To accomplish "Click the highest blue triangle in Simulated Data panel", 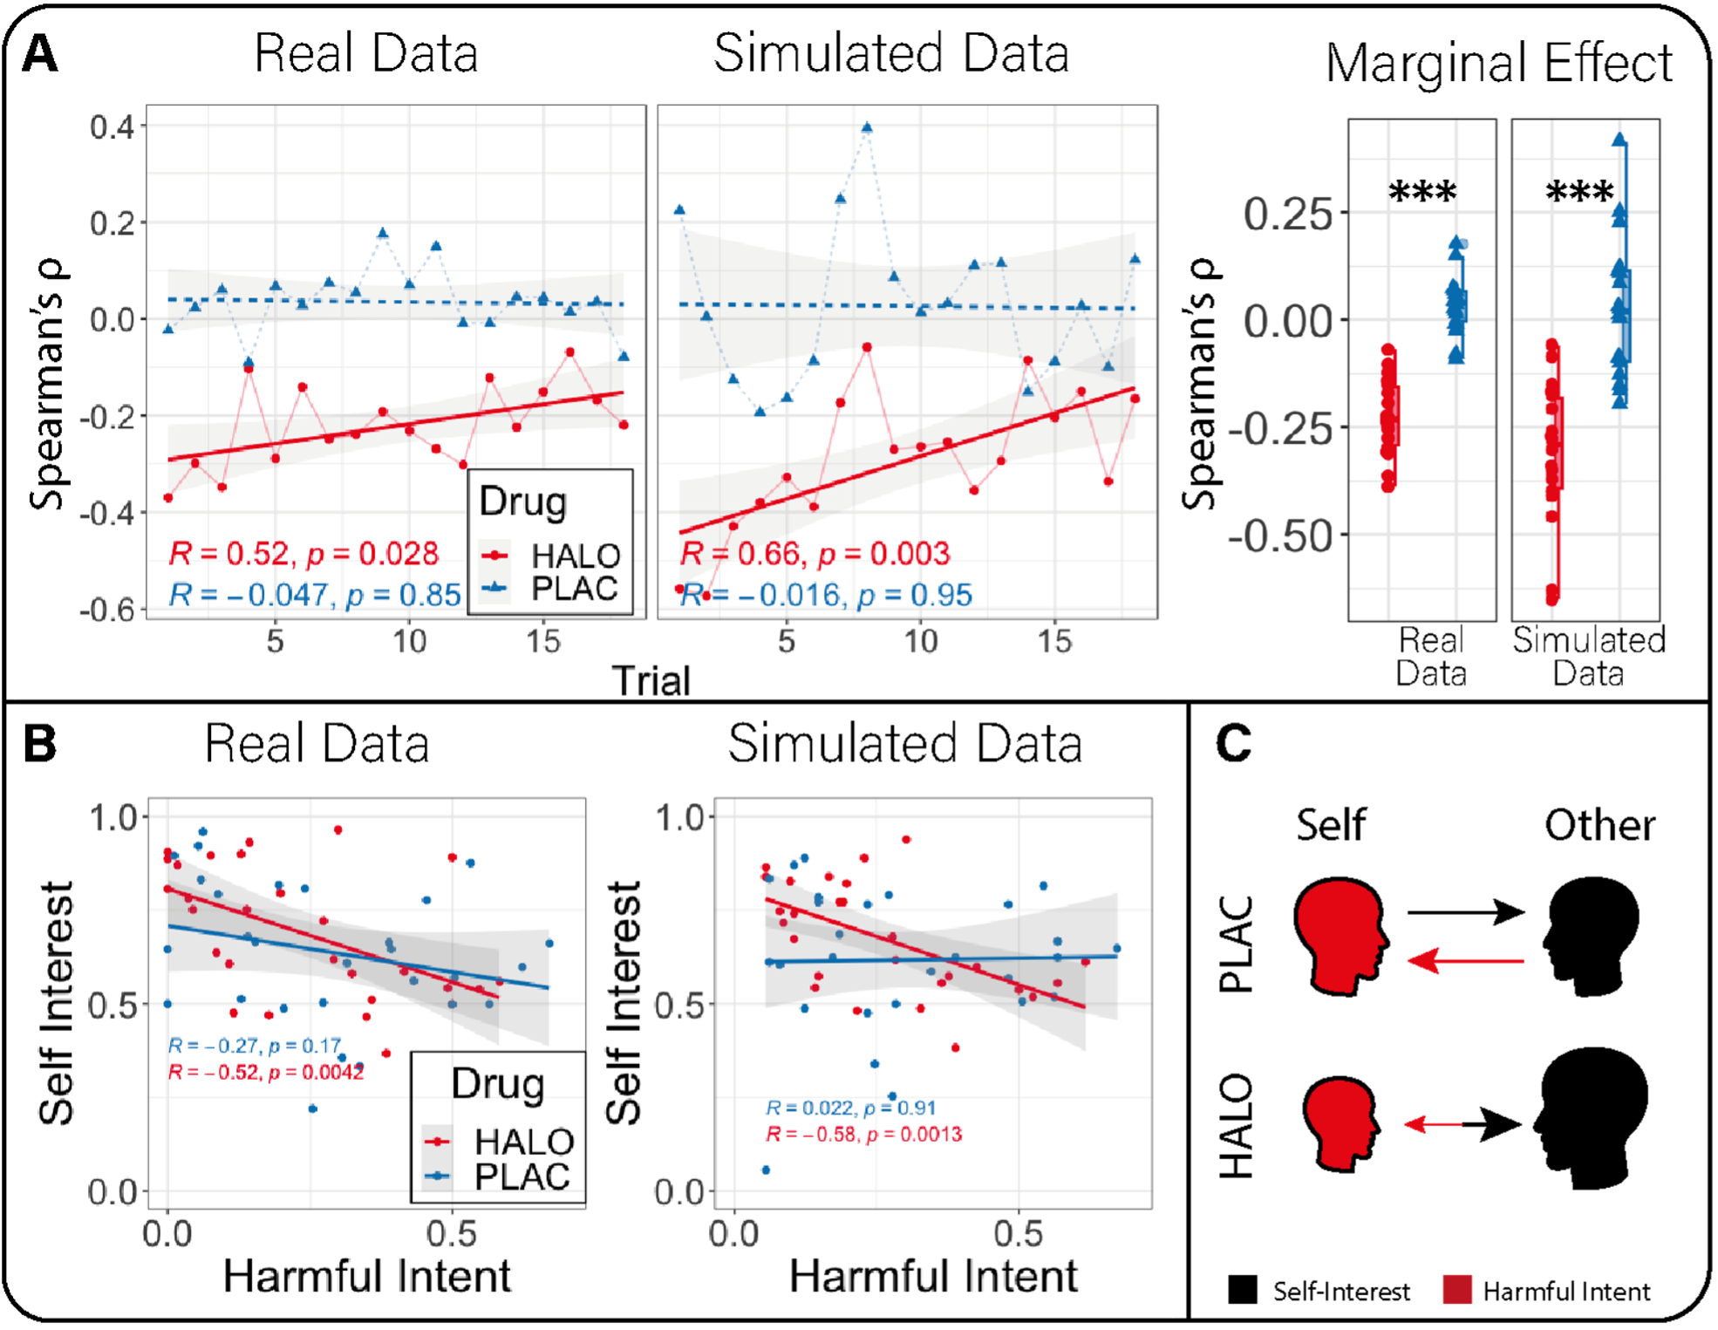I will coord(866,127).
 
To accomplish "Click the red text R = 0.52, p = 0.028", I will coord(303,554).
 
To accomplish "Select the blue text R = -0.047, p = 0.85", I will coord(315,595).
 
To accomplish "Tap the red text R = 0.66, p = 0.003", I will coord(815,554).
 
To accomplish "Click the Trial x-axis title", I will coord(651,681).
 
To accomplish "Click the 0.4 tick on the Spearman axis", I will coord(112,127).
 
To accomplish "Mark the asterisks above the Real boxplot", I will coord(1422,193).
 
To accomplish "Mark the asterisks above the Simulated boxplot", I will coord(1579,193).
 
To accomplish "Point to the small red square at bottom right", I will coord(1460,1295).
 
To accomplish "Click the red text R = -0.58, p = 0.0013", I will coord(863,1135).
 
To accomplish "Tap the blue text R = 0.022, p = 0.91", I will coord(850,1108).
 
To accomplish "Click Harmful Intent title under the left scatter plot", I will coord(366,1277).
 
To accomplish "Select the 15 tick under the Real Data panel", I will coord(542,642).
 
